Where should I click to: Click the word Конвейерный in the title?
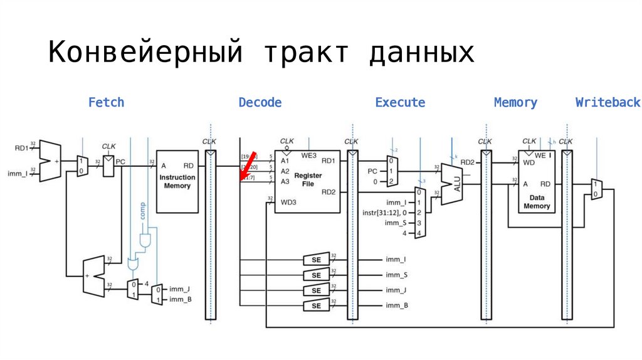145,53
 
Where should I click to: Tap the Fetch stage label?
106,102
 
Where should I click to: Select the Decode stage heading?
260,102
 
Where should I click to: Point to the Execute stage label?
400,102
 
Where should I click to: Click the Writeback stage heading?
608,102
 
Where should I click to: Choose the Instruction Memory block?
177,181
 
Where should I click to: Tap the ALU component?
453,184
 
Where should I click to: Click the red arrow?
248,166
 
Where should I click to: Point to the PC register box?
109,166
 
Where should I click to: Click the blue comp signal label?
142,211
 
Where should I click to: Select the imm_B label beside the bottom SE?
397,305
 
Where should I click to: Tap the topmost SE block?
316,259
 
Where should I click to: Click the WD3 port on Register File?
288,202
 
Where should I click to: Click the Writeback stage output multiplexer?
596,189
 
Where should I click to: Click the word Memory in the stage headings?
515,102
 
